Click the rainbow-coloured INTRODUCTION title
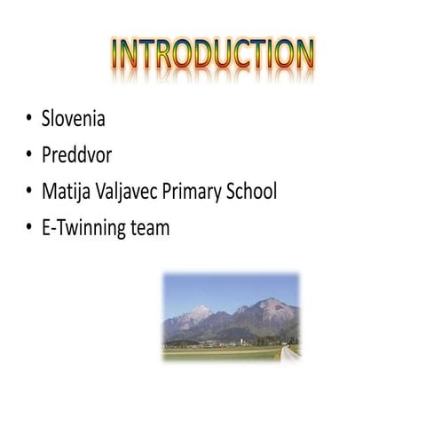tap(213, 54)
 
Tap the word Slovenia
tap(74, 118)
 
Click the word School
tap(254, 191)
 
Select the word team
tap(150, 228)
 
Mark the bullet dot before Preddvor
tap(28, 154)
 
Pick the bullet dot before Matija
tap(28, 191)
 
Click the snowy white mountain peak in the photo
tap(201, 313)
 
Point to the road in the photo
tap(289, 353)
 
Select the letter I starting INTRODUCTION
tap(117, 54)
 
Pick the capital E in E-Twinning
tap(47, 228)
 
